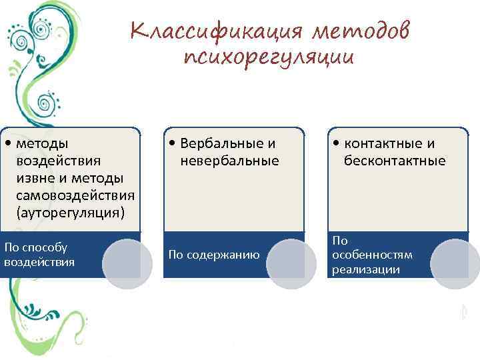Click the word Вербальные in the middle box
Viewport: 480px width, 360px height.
pos(219,143)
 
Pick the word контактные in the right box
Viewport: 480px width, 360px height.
pos(382,143)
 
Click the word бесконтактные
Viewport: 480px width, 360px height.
pos(395,161)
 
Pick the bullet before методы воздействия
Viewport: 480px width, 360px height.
pos(7,143)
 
